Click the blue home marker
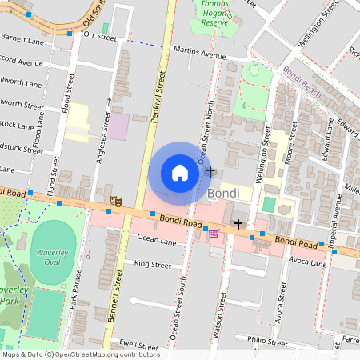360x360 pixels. click(180, 173)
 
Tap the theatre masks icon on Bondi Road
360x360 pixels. click(114, 202)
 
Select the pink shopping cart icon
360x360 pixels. click(214, 233)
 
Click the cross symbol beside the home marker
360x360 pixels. click(210, 171)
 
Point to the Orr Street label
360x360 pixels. click(100, 37)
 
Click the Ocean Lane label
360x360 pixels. click(155, 238)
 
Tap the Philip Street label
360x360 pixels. click(266, 341)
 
